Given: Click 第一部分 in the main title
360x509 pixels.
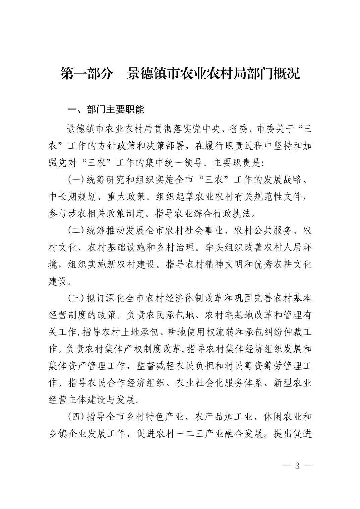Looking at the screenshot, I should [86, 74].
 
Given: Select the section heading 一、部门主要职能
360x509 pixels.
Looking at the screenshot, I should [106, 110].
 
